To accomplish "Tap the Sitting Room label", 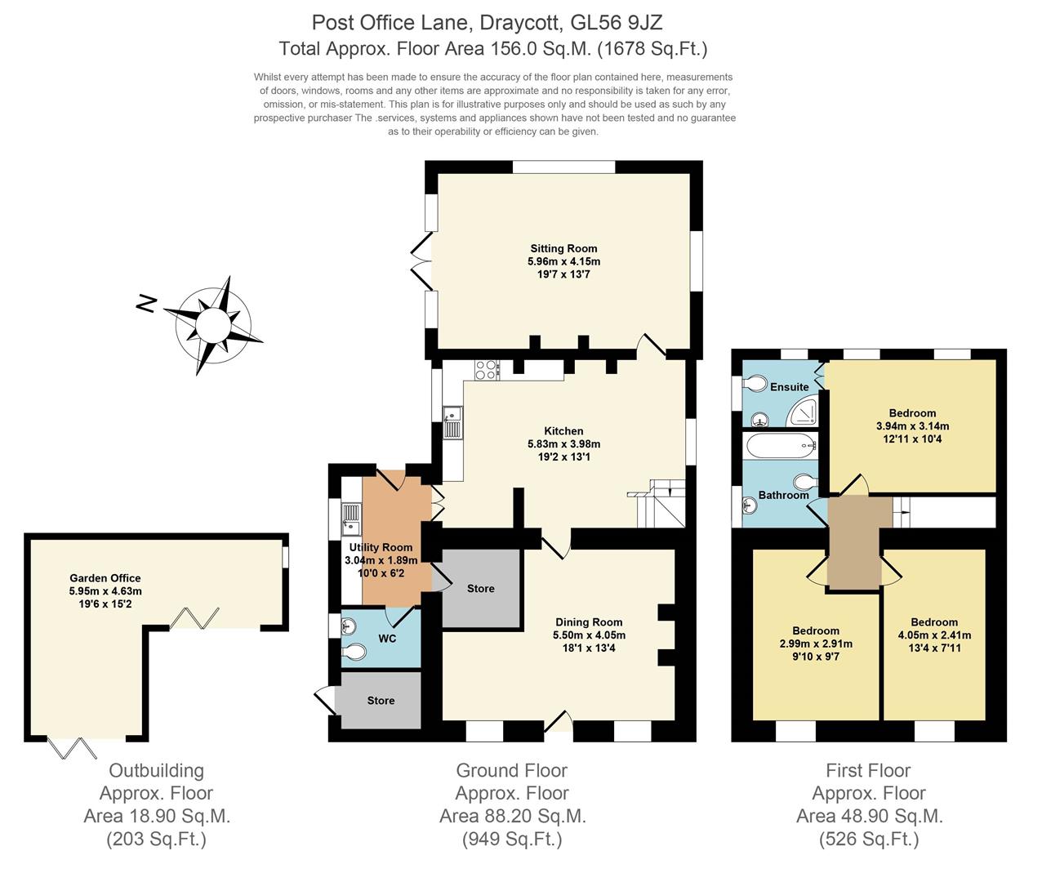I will pyautogui.click(x=563, y=248).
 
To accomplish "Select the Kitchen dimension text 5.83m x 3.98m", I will pyautogui.click(x=563, y=444).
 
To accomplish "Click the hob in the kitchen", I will pyautogui.click(x=487, y=370).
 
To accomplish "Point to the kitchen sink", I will pyautogui.click(x=452, y=424).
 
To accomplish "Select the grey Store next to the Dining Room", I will pyautogui.click(x=481, y=588).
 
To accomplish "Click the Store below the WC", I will pyautogui.click(x=381, y=700).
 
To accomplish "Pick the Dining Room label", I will pyautogui.click(x=589, y=621).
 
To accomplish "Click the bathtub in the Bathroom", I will pyautogui.click(x=781, y=446).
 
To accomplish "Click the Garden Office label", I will pyautogui.click(x=105, y=577).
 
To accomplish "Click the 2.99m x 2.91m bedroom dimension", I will pyautogui.click(x=816, y=644).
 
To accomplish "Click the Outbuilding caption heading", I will pyautogui.click(x=156, y=770).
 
